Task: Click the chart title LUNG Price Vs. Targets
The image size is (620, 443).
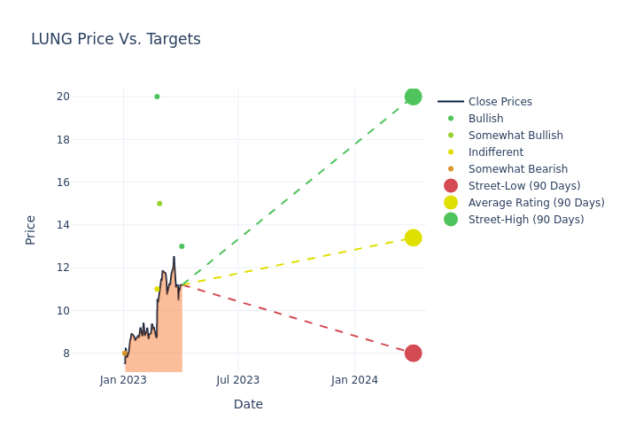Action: pyautogui.click(x=116, y=39)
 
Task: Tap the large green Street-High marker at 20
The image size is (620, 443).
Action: pyautogui.click(x=413, y=97)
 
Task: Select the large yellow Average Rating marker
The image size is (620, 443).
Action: pyautogui.click(x=413, y=237)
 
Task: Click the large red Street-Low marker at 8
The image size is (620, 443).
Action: pyautogui.click(x=413, y=353)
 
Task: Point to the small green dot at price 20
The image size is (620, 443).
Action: pyautogui.click(x=157, y=97)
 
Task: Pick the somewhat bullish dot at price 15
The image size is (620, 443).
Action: pyautogui.click(x=159, y=204)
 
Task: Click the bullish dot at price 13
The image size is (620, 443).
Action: pyautogui.click(x=182, y=246)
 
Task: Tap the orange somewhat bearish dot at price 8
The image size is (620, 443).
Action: pyautogui.click(x=125, y=353)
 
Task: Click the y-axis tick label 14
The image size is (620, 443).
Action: pyautogui.click(x=87, y=225)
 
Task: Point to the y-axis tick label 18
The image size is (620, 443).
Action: pyautogui.click(x=87, y=139)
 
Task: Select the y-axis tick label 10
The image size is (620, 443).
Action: pyautogui.click(x=87, y=310)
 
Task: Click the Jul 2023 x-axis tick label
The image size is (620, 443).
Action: pyautogui.click(x=238, y=380)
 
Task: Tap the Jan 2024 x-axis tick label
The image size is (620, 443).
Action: pyautogui.click(x=354, y=380)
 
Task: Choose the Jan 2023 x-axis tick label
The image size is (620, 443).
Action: pyautogui.click(x=123, y=380)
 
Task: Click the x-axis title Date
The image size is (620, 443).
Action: pyautogui.click(x=248, y=404)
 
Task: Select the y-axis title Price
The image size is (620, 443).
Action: pyautogui.click(x=31, y=229)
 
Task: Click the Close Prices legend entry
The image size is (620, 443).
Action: pyautogui.click(x=500, y=102)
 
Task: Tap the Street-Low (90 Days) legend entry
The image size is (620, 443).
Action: pyautogui.click(x=523, y=186)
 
